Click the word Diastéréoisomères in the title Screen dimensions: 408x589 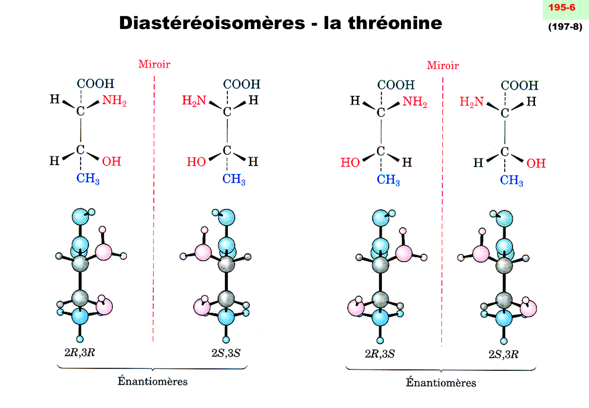point(212,23)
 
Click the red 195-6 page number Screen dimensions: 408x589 point(561,8)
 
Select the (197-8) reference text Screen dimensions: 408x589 point(565,27)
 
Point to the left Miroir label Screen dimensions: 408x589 point(154,65)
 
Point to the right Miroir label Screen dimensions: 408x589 point(443,66)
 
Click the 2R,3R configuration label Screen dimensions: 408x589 point(79,353)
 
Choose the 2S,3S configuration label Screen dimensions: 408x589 point(226,353)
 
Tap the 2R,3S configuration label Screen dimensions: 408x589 point(380,354)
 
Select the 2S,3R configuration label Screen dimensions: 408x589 point(503,354)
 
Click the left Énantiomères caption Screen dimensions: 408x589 point(152,381)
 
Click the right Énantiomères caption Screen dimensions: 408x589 point(441,383)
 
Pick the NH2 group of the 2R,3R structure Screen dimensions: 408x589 point(114,100)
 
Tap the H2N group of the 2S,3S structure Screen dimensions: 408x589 point(194,100)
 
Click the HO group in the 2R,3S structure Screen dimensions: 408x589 point(350,162)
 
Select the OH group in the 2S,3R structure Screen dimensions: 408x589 point(536,163)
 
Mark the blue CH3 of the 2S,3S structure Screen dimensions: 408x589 point(234,179)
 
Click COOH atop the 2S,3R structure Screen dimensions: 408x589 point(519,86)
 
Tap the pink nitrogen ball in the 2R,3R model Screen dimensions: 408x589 point(103,252)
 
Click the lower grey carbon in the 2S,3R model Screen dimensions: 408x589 point(504,300)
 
